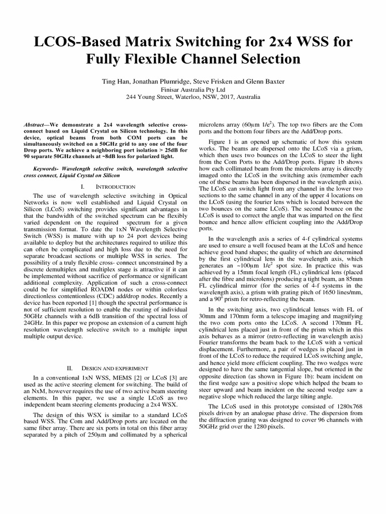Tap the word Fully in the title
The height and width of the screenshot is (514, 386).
click(102, 59)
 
